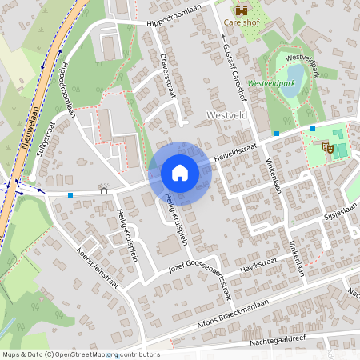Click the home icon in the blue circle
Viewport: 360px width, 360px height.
179,172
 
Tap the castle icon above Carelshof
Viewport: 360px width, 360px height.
242,10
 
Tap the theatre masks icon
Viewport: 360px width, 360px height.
327,147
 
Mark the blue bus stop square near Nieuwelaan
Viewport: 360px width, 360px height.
70,194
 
